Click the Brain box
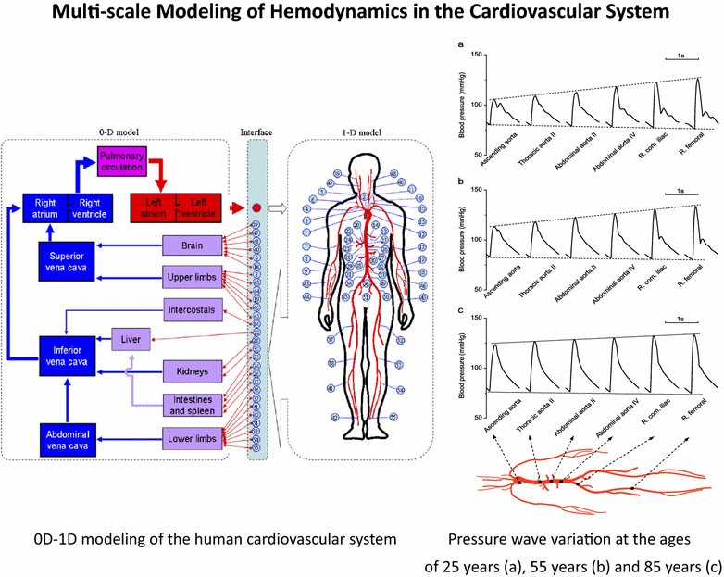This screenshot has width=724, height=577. coord(193,246)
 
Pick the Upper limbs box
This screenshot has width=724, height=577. coord(193,276)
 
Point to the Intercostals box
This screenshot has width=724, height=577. coord(193,307)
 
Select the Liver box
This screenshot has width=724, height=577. coord(130,340)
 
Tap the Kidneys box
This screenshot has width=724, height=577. coord(193,371)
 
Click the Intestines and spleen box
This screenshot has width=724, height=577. coord(193,404)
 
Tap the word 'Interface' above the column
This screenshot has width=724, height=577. coord(256,132)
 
